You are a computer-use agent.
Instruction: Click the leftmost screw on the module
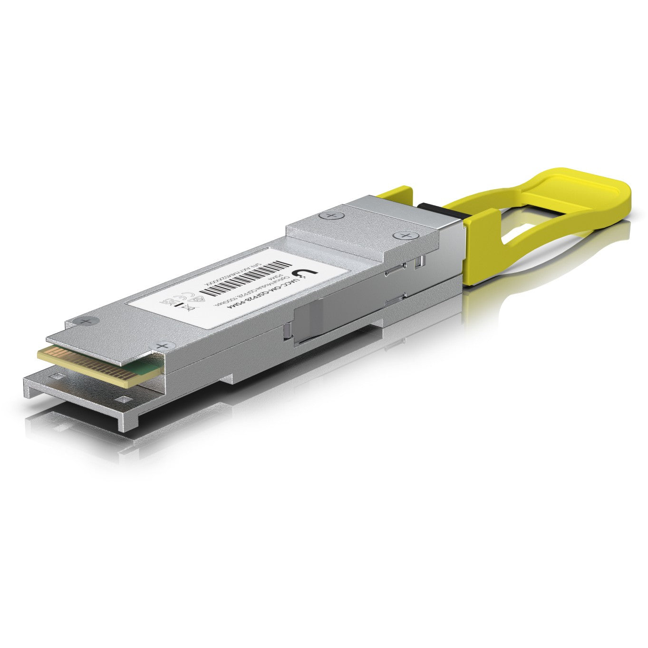85,321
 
